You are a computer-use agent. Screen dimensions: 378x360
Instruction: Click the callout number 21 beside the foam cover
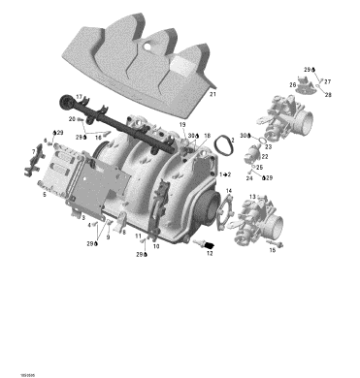pos(213,95)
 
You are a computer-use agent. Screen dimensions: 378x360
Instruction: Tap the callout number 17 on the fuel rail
pos(80,97)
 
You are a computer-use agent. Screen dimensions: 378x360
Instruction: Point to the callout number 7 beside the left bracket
pos(34,152)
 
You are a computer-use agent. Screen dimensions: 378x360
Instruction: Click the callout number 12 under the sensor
pos(210,254)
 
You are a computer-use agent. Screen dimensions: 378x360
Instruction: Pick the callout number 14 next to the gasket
pos(229,192)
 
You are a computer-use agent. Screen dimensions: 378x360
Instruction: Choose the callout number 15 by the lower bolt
pos(272,250)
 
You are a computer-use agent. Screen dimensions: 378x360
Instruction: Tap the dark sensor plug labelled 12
pos(202,242)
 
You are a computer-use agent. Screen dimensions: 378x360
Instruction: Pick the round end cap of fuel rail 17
pos(77,106)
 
